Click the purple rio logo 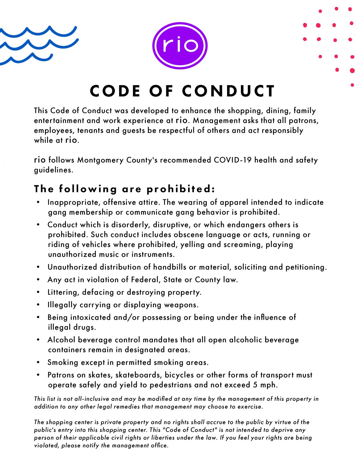180,46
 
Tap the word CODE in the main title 115,91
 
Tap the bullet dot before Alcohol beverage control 38,340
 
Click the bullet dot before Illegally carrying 38,305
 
